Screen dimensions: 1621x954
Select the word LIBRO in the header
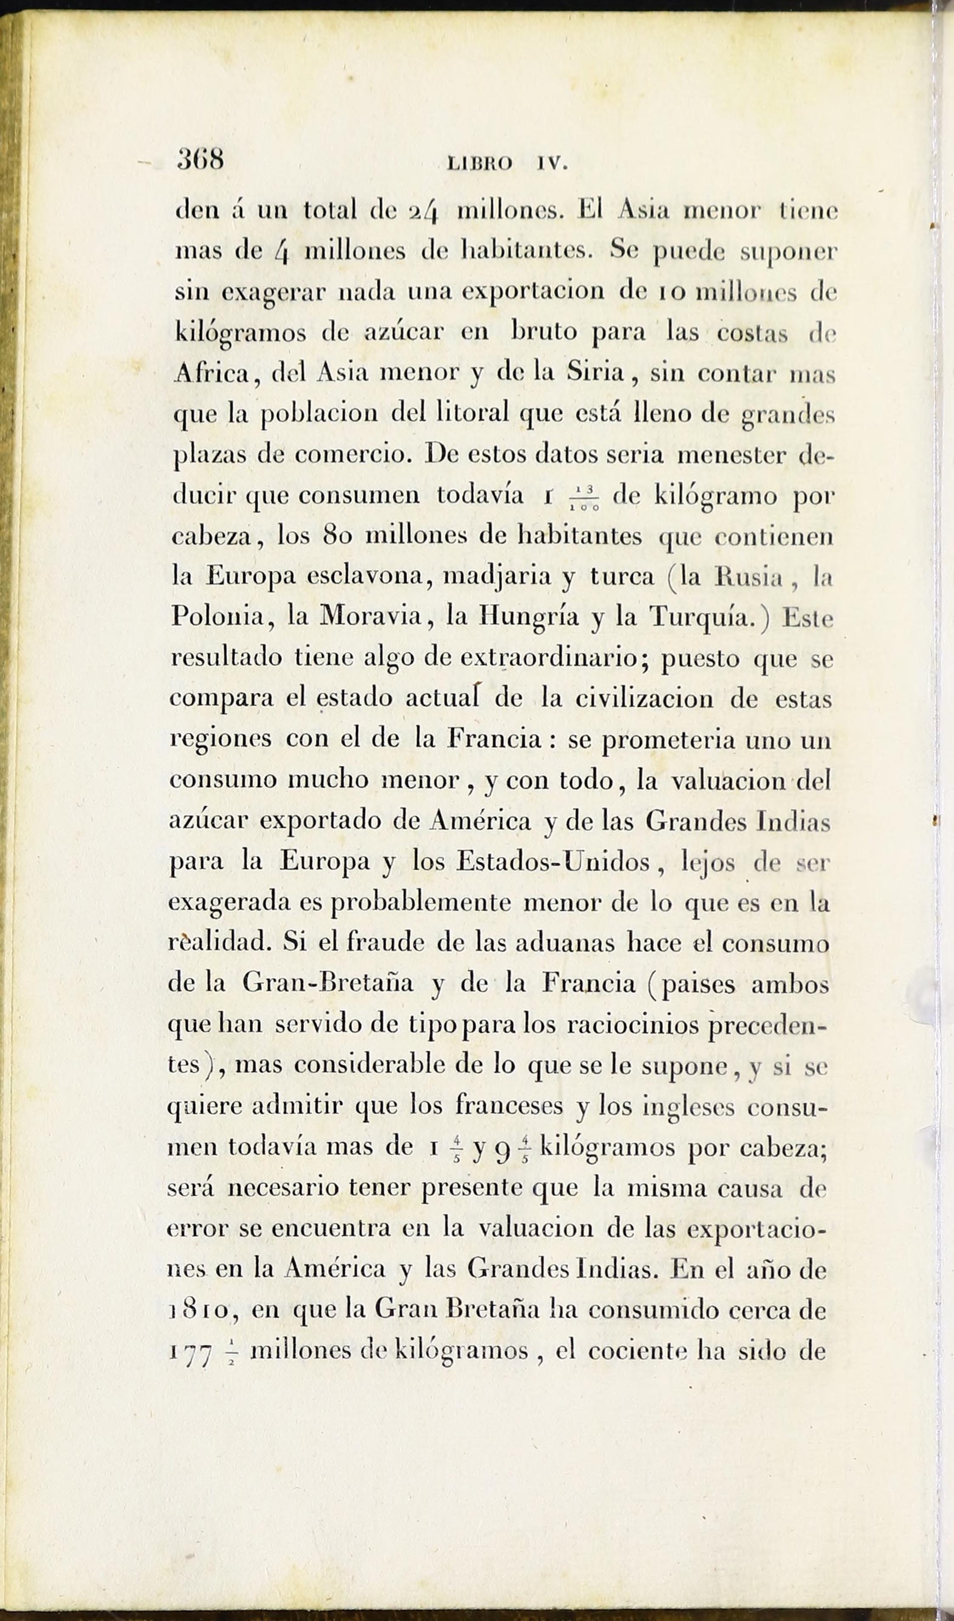coord(479,164)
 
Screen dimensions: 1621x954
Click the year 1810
coord(203,1311)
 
